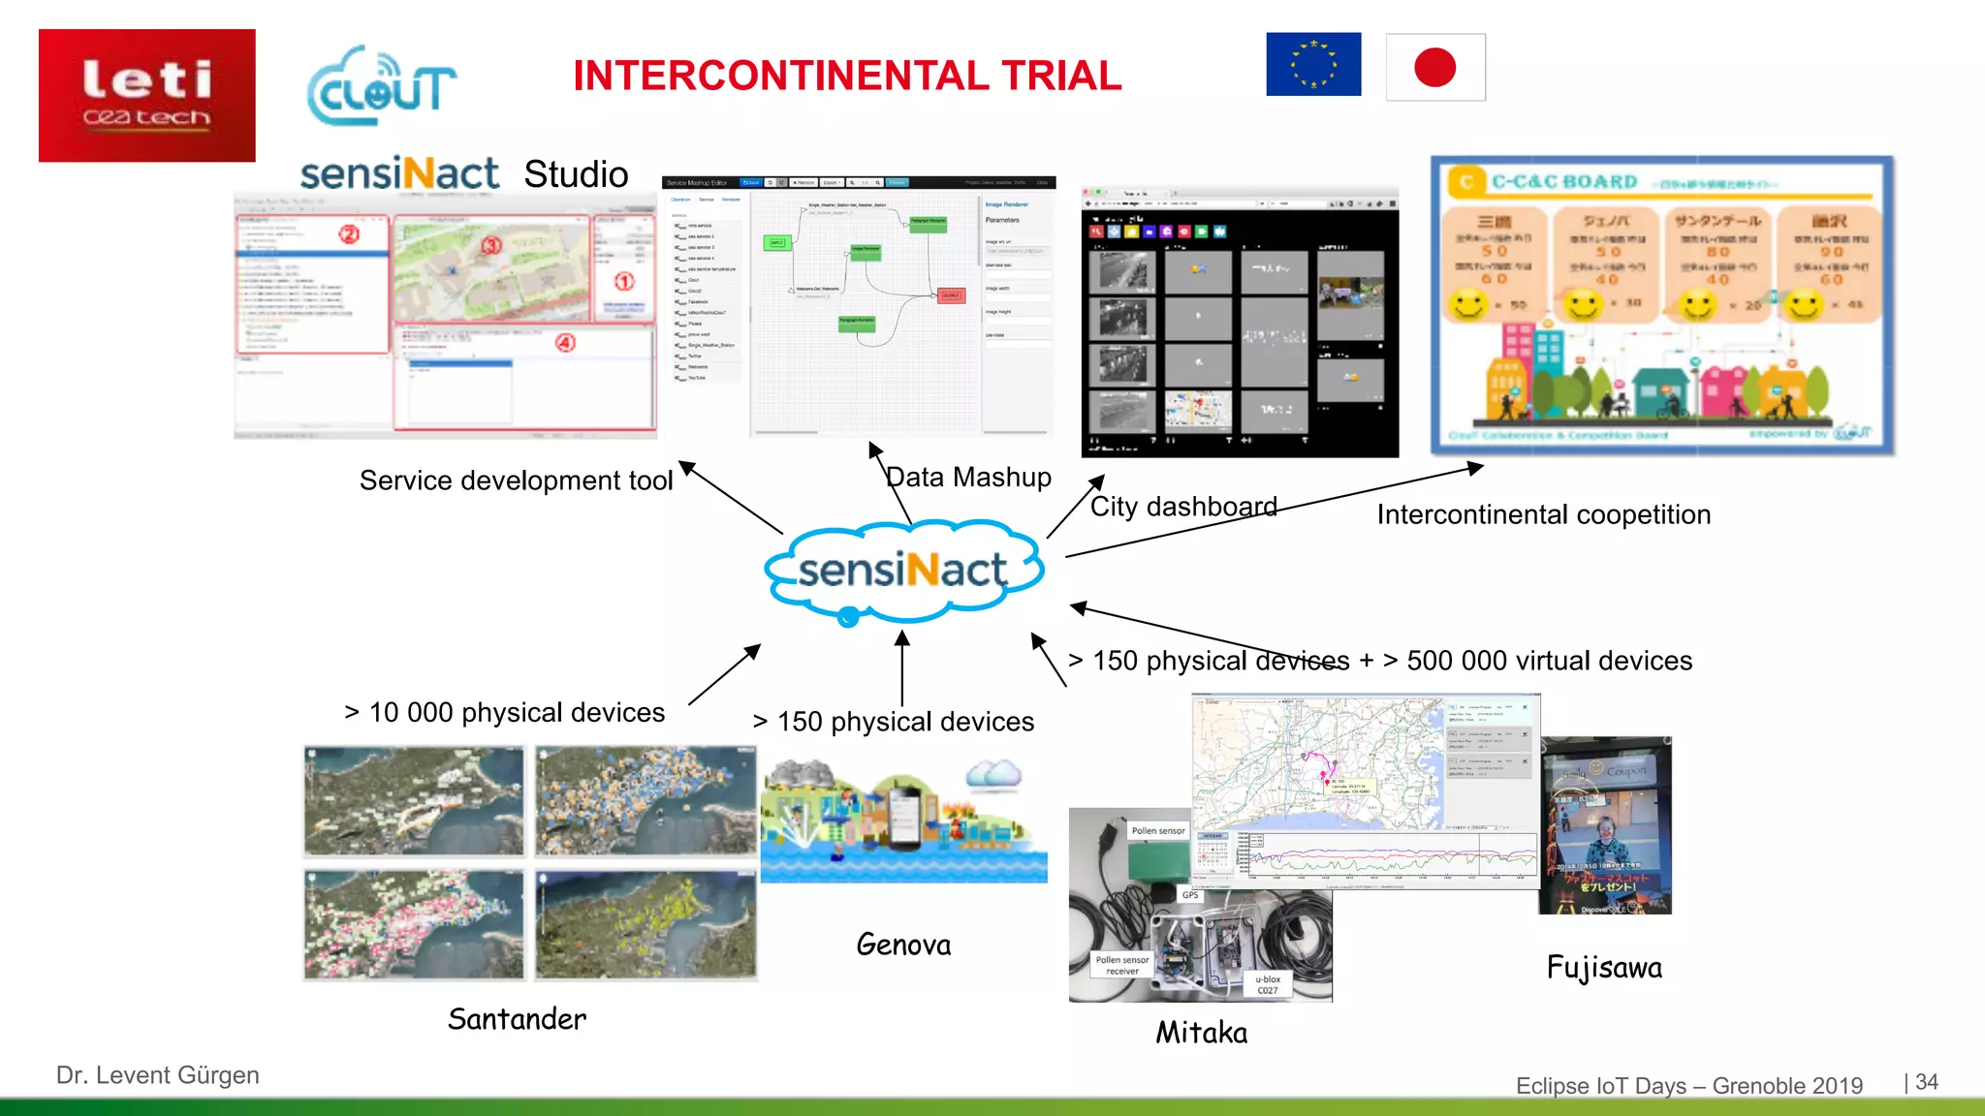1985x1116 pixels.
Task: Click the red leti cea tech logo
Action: coord(147,95)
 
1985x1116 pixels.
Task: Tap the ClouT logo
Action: coord(381,87)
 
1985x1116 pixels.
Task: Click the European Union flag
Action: coord(1313,65)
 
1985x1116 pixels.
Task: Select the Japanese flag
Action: coord(1435,68)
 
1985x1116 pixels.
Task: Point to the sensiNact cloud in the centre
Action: coord(903,572)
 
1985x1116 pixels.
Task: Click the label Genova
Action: coord(903,945)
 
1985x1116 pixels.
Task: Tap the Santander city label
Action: coord(517,1019)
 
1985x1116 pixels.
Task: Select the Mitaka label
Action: coord(1201,1033)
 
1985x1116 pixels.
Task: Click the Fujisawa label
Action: coord(1604,968)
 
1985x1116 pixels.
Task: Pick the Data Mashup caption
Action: coord(968,478)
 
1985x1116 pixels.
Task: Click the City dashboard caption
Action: coord(1183,507)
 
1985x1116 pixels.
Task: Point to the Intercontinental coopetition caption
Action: coord(1544,514)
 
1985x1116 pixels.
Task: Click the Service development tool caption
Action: coord(516,480)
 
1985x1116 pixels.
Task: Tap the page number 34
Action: coord(1927,1082)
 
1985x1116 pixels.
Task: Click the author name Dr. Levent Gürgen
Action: coord(158,1075)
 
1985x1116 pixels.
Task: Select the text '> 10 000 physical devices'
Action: coord(505,713)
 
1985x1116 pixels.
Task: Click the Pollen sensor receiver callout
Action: coord(1122,965)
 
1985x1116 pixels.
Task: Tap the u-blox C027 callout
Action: coord(1268,984)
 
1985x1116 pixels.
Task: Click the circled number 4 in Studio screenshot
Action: coord(566,343)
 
